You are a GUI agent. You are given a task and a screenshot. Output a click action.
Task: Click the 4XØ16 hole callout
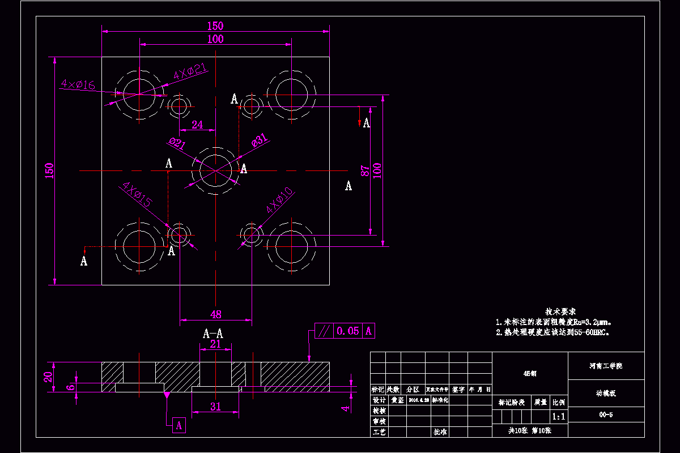pyautogui.click(x=78, y=85)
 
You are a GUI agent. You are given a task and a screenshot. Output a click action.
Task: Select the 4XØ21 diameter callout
pyautogui.click(x=190, y=71)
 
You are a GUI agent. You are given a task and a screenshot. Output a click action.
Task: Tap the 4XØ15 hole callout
pyautogui.click(x=136, y=194)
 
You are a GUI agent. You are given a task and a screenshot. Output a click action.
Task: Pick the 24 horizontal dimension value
pyautogui.click(x=197, y=125)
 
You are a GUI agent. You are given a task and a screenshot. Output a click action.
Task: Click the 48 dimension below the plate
pyautogui.click(x=216, y=314)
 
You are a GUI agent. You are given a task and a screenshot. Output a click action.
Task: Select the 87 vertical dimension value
pyautogui.click(x=365, y=170)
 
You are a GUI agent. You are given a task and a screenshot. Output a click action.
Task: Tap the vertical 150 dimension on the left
pyautogui.click(x=49, y=170)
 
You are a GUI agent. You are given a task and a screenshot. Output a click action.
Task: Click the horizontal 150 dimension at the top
pyautogui.click(x=215, y=25)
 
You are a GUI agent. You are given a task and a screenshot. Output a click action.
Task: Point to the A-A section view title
pyautogui.click(x=213, y=334)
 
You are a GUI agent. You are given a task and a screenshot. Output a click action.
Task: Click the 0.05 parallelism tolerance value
pyautogui.click(x=348, y=331)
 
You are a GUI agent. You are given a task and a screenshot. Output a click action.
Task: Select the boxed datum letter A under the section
pyautogui.click(x=178, y=425)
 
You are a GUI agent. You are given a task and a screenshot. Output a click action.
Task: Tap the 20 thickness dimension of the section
pyautogui.click(x=49, y=377)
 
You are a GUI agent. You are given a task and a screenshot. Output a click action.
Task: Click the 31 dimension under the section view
pyautogui.click(x=216, y=406)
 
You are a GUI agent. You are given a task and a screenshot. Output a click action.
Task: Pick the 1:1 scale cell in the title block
pyautogui.click(x=558, y=417)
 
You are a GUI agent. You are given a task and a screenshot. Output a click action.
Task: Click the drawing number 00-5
pyautogui.click(x=606, y=415)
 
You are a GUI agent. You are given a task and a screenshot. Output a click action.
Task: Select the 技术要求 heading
pyautogui.click(x=560, y=311)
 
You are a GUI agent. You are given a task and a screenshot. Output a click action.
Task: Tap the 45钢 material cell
pyautogui.click(x=530, y=373)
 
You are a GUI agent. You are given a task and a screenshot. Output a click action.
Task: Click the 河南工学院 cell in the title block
pyautogui.click(x=606, y=366)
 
